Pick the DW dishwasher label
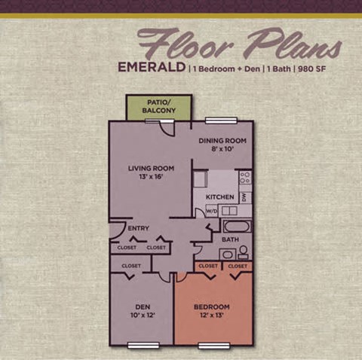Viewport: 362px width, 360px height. tap(244, 197)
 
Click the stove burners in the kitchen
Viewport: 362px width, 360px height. tap(244, 178)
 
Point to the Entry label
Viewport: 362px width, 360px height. tap(139, 229)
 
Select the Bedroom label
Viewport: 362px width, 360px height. tap(212, 307)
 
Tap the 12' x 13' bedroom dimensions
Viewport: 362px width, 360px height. tap(212, 316)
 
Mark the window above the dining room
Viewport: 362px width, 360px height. tap(217, 121)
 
